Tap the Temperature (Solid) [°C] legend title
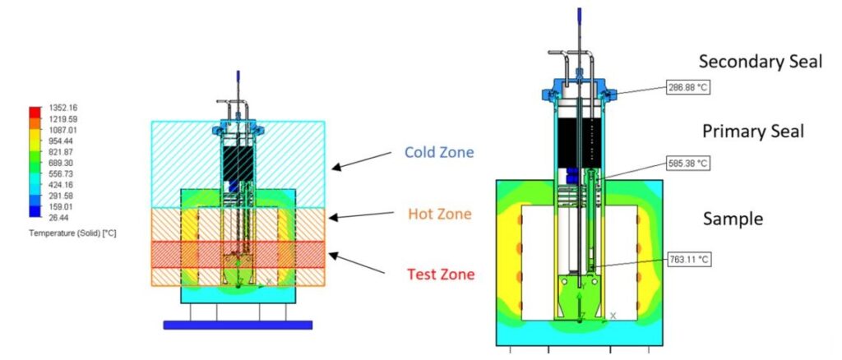tap(72, 233)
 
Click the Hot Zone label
tap(440, 214)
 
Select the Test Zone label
tap(441, 274)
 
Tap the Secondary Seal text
tap(760, 62)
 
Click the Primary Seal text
tap(752, 132)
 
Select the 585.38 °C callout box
tap(687, 164)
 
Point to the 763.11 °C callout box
tap(687, 259)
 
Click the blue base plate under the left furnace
tap(238, 325)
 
